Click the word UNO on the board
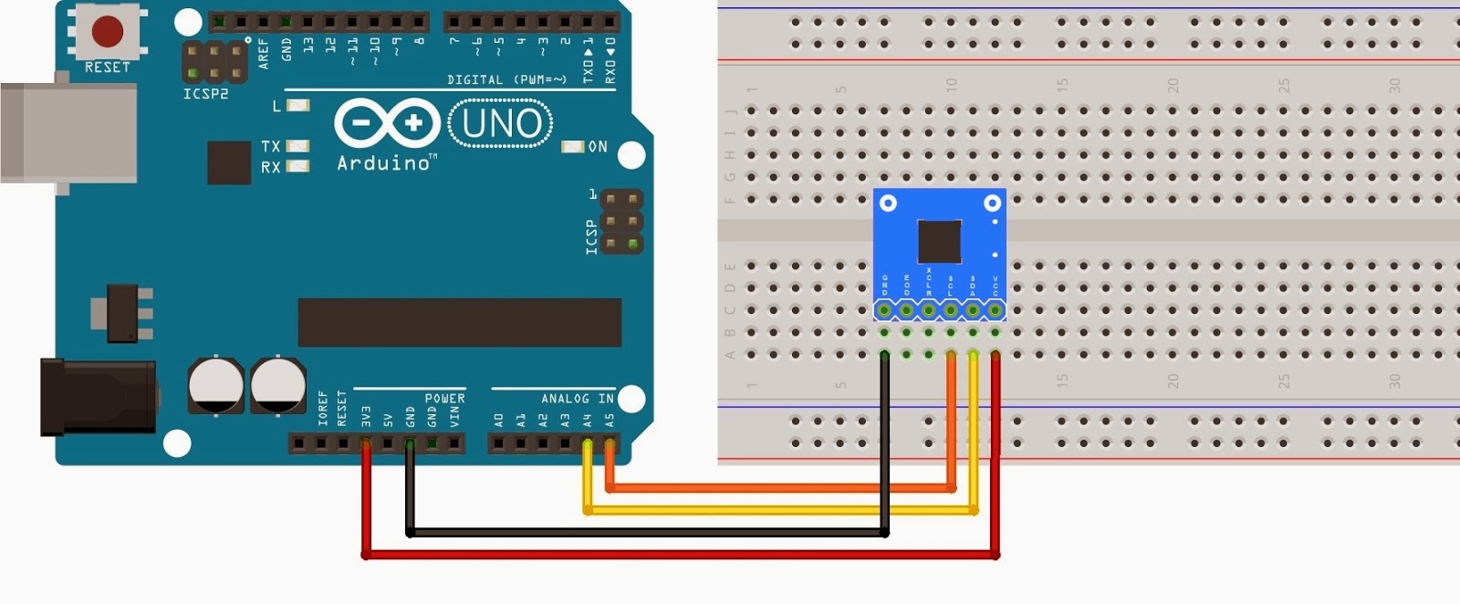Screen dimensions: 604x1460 [501, 124]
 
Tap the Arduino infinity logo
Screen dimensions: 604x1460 [387, 123]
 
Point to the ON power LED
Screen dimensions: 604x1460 [572, 146]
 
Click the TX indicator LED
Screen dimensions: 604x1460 [297, 146]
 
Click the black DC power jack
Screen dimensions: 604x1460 [96, 396]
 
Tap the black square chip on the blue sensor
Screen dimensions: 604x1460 [939, 241]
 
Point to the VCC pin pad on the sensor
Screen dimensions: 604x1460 [995, 311]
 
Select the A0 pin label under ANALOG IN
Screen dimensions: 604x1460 [498, 421]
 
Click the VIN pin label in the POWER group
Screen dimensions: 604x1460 [454, 417]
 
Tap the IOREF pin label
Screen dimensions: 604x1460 [323, 409]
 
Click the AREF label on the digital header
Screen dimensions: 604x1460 [264, 53]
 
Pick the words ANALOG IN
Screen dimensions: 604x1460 [577, 399]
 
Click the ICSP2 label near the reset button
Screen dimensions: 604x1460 [205, 94]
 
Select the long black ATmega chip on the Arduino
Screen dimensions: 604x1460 [459, 322]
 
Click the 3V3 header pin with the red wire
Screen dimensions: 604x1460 [366, 444]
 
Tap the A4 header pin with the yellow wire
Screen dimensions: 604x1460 [587, 444]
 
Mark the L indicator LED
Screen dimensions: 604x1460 [297, 106]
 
